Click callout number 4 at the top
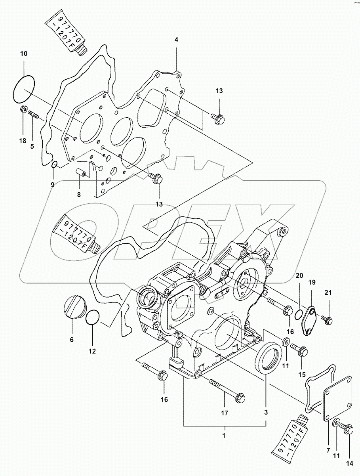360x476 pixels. tap(177, 40)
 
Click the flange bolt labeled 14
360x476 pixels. tap(348, 429)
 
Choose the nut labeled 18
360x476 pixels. tap(23, 110)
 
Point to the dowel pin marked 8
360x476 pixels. tap(81, 173)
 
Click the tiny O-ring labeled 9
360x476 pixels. tap(54, 164)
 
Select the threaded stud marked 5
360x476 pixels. tap(33, 116)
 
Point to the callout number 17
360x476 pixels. tap(225, 413)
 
